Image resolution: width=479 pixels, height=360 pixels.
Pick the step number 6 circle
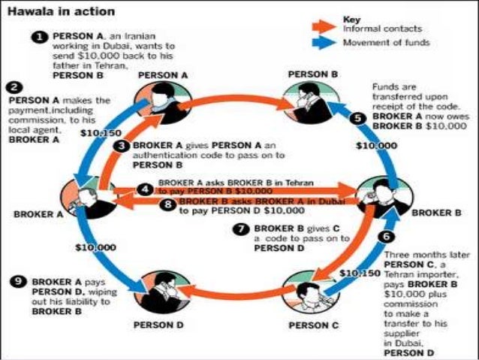386,236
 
